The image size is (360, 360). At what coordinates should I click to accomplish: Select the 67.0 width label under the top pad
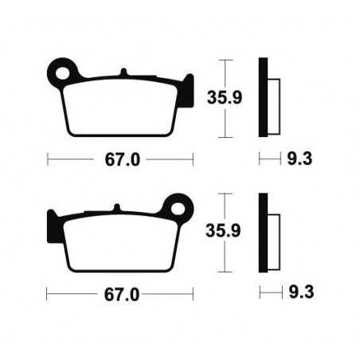(123, 159)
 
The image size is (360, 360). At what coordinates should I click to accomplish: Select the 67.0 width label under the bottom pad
(123, 294)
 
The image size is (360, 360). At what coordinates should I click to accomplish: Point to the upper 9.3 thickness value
(299, 159)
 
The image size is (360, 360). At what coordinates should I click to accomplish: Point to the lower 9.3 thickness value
(299, 294)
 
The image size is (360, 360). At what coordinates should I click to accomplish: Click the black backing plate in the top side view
(262, 99)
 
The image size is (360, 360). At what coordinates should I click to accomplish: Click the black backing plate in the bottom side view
(262, 232)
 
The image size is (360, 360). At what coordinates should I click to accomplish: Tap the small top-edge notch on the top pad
(124, 74)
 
